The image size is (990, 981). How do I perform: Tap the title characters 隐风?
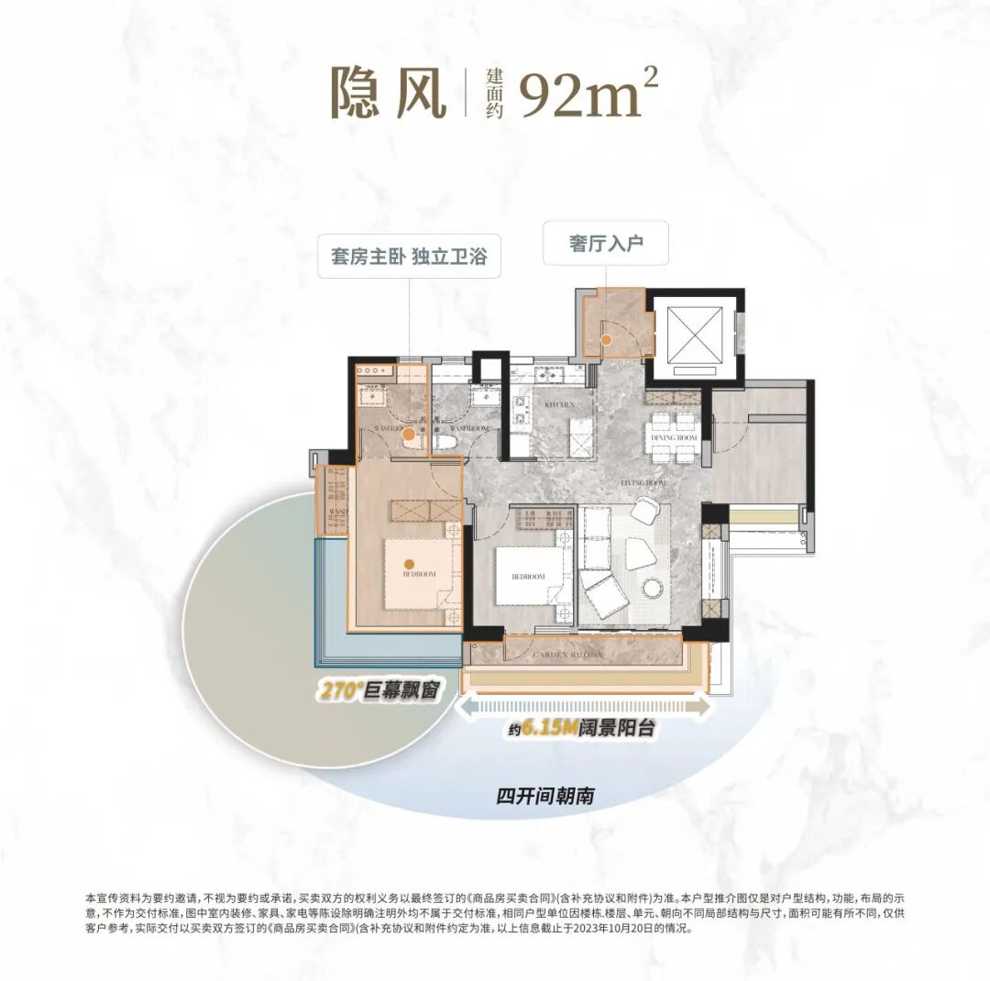coord(389,92)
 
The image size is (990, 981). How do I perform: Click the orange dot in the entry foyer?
coord(607,340)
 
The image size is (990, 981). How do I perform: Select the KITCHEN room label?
coord(559,404)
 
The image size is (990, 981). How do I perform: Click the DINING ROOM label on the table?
coord(675,439)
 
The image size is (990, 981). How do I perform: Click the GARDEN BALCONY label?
coord(569,655)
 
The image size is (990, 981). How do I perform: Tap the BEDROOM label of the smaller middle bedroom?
coord(528,577)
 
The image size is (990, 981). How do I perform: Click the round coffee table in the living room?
coord(654,588)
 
